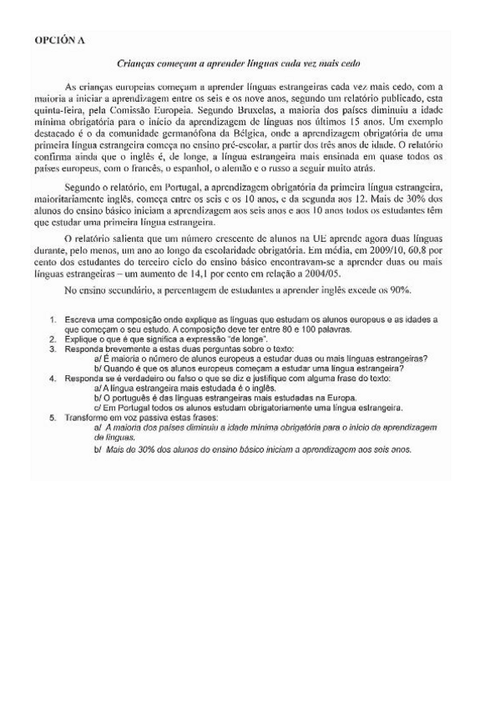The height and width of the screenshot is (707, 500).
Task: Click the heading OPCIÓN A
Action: (59, 39)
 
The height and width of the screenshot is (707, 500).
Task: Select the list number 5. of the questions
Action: (53, 417)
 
